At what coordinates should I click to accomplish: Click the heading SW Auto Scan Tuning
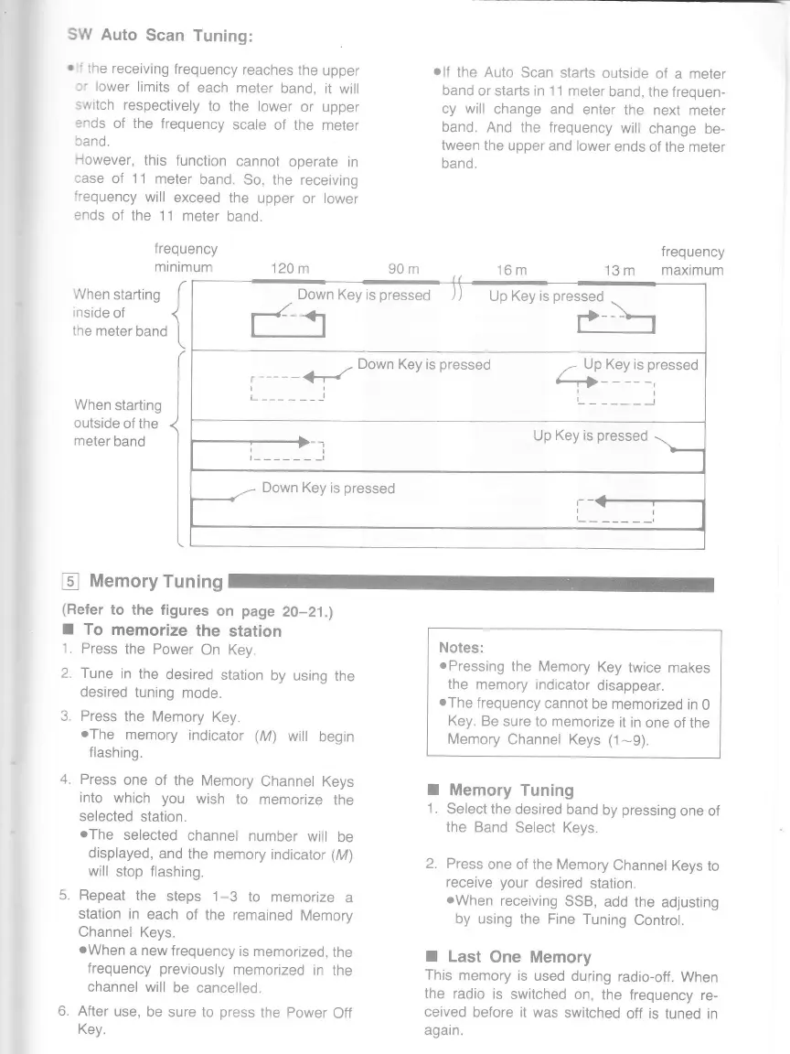[159, 36]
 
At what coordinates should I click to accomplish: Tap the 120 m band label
[291, 270]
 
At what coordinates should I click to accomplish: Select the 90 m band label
[402, 270]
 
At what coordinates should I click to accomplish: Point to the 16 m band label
[511, 270]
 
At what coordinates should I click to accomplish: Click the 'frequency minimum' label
[185, 259]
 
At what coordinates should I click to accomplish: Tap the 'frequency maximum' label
[692, 261]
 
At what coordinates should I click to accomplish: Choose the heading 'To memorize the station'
[182, 630]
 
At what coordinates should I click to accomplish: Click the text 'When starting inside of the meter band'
[119, 313]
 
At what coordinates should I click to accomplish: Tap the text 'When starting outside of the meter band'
[117, 423]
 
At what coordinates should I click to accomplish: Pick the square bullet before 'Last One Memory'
[433, 956]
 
